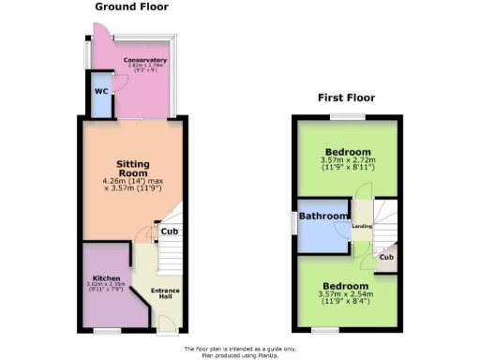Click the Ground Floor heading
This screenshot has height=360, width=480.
pyautogui.click(x=131, y=7)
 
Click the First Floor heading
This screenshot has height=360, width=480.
pyautogui.click(x=346, y=97)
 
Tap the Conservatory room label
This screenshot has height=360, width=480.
pyautogui.click(x=145, y=59)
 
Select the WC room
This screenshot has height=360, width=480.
pyautogui.click(x=100, y=94)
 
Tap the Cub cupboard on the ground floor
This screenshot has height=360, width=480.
pyautogui.click(x=169, y=232)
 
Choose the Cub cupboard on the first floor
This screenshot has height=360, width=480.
pyautogui.click(x=386, y=257)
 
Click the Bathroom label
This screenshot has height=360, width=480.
pyautogui.click(x=323, y=217)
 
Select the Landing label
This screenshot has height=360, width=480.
pyautogui.click(x=362, y=226)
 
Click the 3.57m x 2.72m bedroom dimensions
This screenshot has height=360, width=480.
pyautogui.click(x=348, y=161)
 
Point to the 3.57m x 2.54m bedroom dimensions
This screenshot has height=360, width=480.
pyautogui.click(x=347, y=295)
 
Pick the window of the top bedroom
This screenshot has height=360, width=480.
pyautogui.click(x=347, y=116)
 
